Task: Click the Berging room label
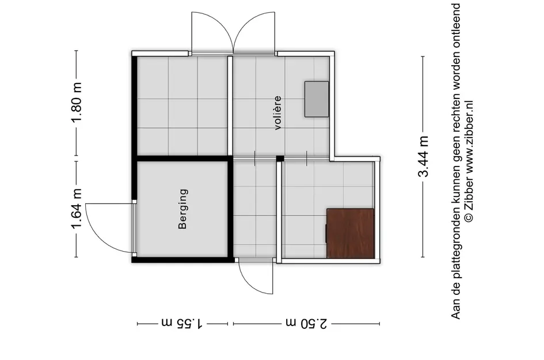coord(183,209)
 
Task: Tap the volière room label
coord(278,112)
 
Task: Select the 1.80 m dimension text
coord(77,103)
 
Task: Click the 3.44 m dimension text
coord(424,157)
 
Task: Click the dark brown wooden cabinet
coord(351,233)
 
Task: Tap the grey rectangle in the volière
coord(317,98)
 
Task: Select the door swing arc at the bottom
coord(253,279)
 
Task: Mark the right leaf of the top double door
coord(254,32)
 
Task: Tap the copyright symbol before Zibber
coord(469,217)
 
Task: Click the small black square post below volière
coord(280,158)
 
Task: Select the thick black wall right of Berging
coord(230,210)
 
